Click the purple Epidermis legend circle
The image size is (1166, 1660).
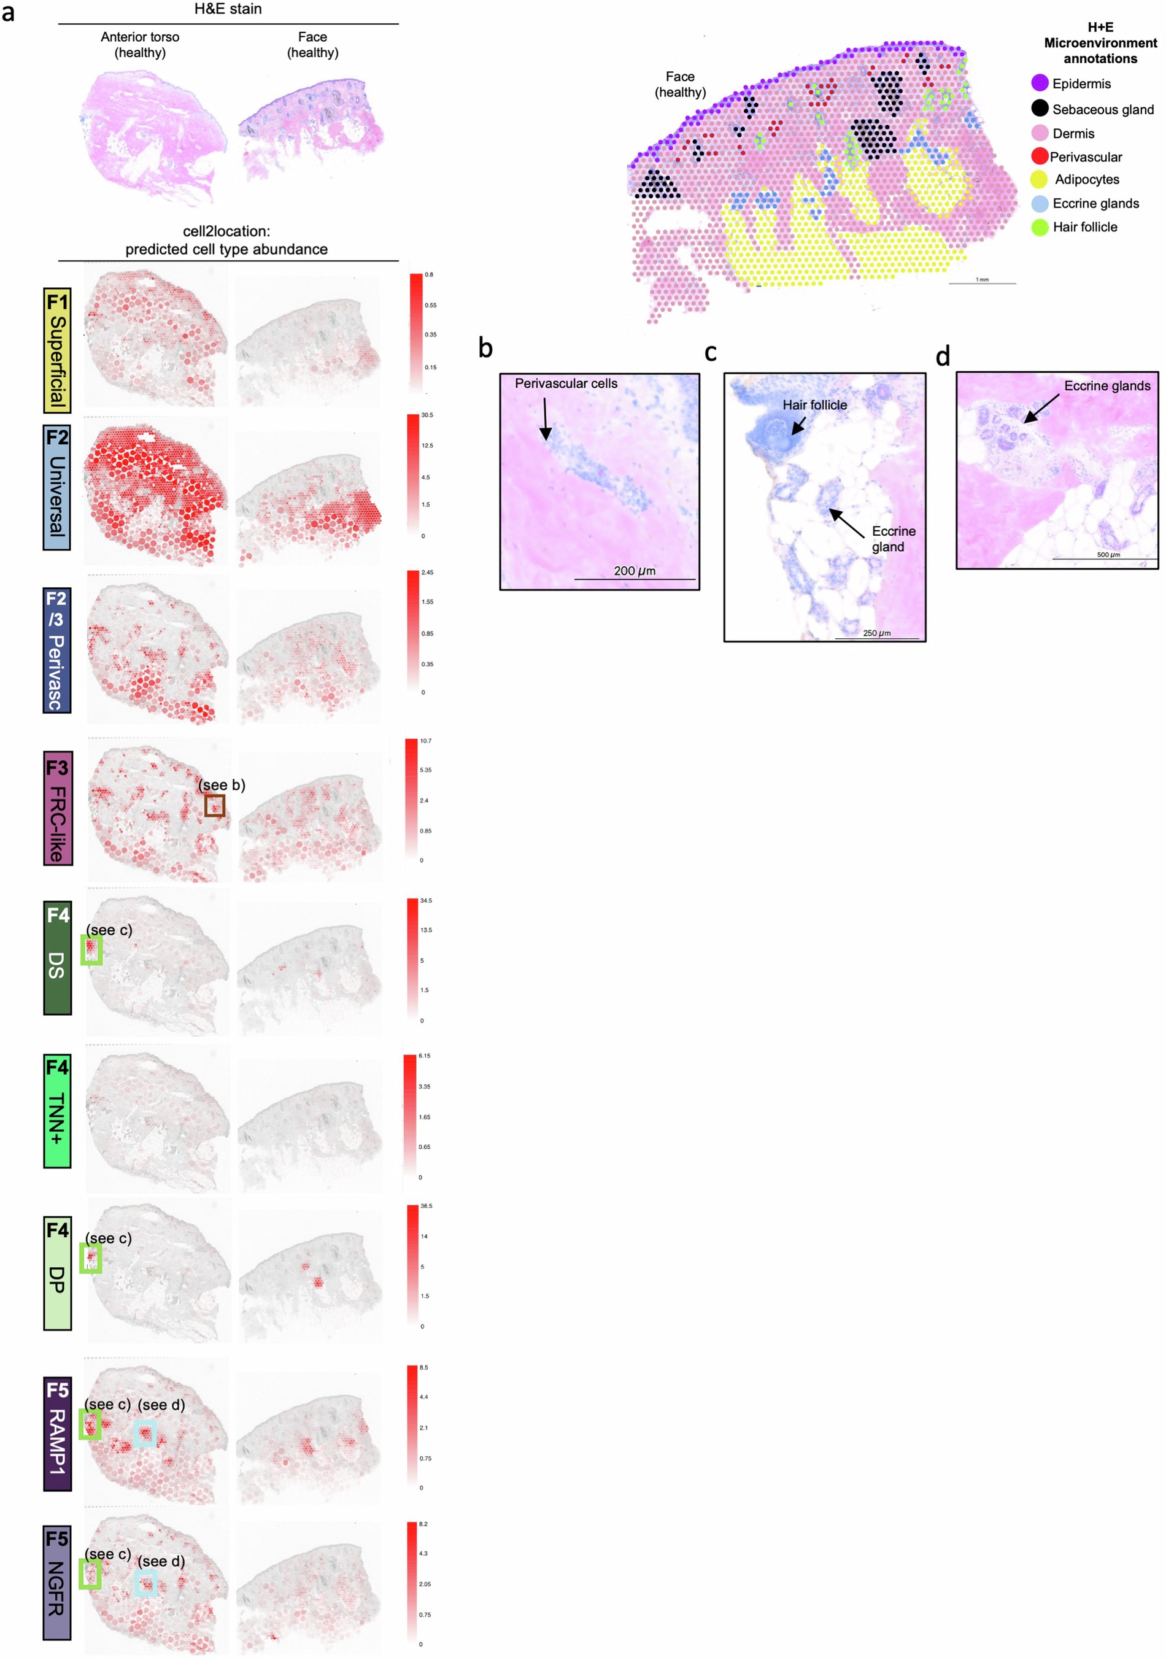pos(1039,83)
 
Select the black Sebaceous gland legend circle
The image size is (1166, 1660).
pos(1039,109)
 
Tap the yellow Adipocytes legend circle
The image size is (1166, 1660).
pos(1038,179)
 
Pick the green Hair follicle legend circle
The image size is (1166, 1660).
pos(1039,227)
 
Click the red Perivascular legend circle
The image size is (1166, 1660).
pos(1039,156)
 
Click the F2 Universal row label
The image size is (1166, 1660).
pos(56,487)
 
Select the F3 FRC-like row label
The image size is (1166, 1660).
pos(58,808)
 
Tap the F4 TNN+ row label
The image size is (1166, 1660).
pos(57,1111)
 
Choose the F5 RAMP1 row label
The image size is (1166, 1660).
pos(57,1434)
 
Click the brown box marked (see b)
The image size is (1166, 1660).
pos(214,805)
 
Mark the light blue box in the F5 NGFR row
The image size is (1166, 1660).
pos(145,1583)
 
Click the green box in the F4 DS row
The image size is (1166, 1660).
pos(91,950)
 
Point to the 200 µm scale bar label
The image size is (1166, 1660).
pos(634,571)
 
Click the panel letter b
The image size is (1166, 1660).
pos(485,348)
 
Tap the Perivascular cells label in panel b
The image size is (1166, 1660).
pos(565,383)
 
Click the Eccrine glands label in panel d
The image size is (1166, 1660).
pos(1106,385)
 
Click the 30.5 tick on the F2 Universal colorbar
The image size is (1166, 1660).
pos(427,415)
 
